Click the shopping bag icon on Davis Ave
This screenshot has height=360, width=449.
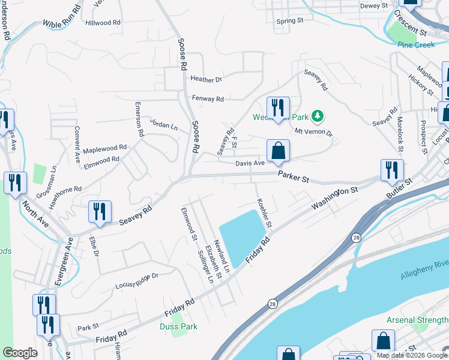[x=278, y=151]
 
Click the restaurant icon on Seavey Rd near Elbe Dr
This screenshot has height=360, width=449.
[x=100, y=212]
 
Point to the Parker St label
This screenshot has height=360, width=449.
[x=293, y=178]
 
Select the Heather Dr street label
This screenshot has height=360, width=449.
[x=206, y=79]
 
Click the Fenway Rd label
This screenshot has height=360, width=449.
[x=208, y=98]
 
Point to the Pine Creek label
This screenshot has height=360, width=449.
[x=415, y=44]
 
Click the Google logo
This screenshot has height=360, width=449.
[x=20, y=353]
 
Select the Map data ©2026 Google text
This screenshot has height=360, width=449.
[x=411, y=355]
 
